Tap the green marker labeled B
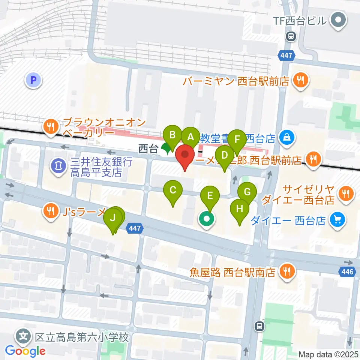[172, 135]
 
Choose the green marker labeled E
[210, 195]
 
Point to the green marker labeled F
[237, 139]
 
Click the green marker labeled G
[247, 192]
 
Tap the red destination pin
[185, 155]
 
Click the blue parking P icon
[33, 79]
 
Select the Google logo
[25, 351]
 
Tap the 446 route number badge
[347, 271]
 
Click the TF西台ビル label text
[300, 21]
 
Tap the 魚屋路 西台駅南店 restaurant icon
[288, 271]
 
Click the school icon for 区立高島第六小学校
[23, 336]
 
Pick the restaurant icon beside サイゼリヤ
[345, 193]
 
